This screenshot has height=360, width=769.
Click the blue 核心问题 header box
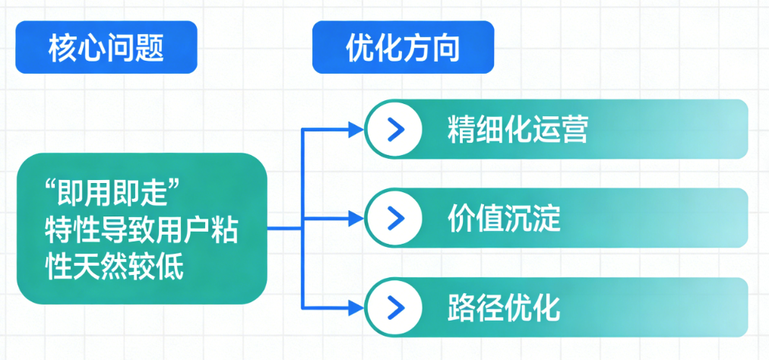pyautogui.click(x=106, y=47)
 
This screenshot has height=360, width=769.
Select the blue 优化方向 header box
pyautogui.click(x=403, y=47)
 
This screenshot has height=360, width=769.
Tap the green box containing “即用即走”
pyautogui.click(x=142, y=228)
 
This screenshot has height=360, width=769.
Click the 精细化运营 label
pyautogui.click(x=517, y=130)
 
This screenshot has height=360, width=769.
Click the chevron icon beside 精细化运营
pyautogui.click(x=394, y=130)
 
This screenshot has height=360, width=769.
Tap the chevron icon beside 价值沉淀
pyautogui.click(x=394, y=218)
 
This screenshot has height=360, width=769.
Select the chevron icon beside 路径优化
pyautogui.click(x=394, y=307)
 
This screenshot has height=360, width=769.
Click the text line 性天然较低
pyautogui.click(x=115, y=267)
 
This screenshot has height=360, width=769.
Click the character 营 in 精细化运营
pyautogui.click(x=574, y=130)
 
